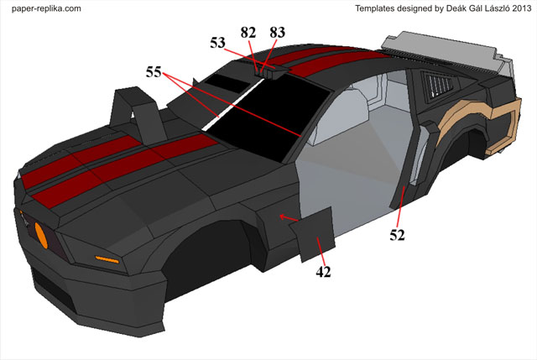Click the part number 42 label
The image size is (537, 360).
point(322,272)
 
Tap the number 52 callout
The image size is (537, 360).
point(398,236)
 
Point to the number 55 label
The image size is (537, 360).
point(154,73)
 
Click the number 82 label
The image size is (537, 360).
point(248,32)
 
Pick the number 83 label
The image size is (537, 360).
point(277,32)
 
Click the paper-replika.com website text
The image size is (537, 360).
point(46,8)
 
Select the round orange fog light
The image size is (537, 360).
point(39,233)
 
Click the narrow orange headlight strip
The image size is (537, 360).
point(107,257)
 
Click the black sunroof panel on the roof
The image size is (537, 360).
point(222,81)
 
